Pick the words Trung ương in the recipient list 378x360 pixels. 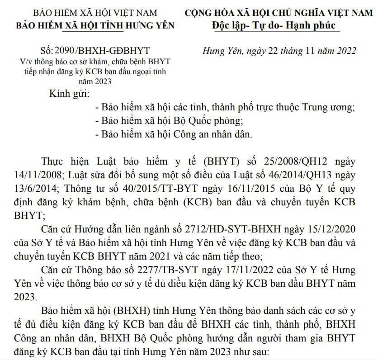[330, 108]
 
